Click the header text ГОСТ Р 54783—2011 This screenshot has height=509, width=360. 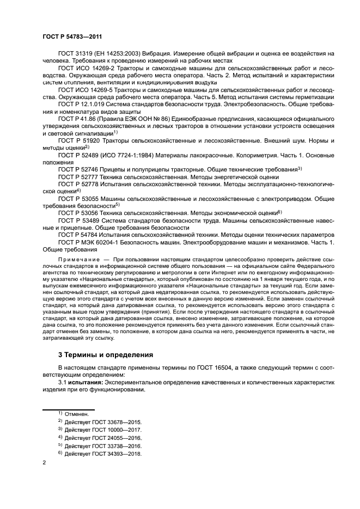73,35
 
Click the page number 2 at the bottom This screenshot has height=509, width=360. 44,463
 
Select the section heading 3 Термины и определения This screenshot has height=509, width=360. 106,354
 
